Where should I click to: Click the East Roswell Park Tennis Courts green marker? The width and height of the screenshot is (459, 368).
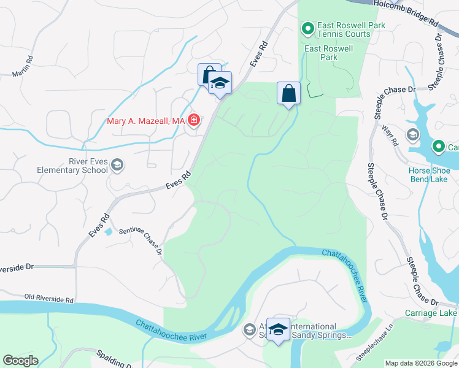point(307,28)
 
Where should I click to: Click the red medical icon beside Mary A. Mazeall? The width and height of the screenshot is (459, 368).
point(194,120)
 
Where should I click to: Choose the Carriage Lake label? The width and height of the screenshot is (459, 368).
point(431,313)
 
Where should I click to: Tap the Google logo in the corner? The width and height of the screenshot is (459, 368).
point(20,361)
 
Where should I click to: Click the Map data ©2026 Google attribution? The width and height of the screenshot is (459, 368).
point(421,363)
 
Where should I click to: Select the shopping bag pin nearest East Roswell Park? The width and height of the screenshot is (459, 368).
point(288,94)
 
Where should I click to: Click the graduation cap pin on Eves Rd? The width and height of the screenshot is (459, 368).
point(219,83)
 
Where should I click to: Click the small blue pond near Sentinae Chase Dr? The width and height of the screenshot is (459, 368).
point(109,231)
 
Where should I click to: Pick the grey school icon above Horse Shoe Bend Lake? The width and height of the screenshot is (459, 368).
point(413,134)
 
